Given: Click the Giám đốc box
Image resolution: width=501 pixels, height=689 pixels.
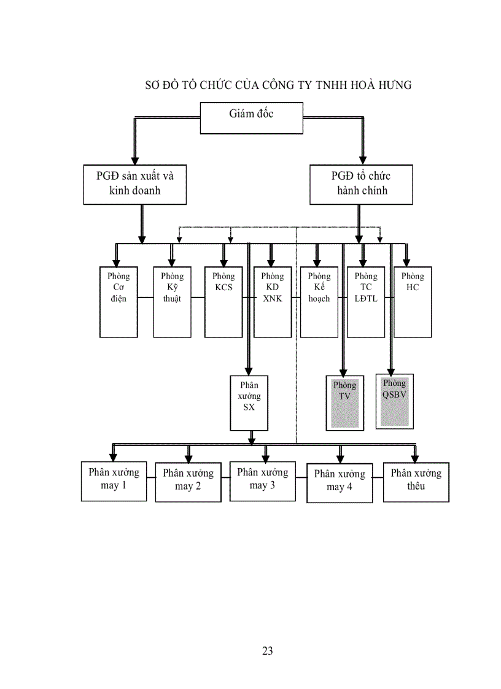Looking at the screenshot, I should coord(252,118).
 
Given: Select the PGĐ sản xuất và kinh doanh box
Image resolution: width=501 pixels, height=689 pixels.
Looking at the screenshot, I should coord(135,184).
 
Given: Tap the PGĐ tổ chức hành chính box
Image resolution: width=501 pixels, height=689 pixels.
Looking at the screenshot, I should coord(361,184).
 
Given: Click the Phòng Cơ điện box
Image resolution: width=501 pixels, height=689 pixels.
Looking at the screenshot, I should coord(118,302).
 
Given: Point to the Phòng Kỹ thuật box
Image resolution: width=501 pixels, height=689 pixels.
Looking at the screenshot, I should coord(172,302).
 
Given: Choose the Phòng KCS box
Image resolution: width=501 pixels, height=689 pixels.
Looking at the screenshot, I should coord(223,302).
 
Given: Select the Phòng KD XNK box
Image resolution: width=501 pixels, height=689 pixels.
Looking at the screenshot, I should coord(272,302).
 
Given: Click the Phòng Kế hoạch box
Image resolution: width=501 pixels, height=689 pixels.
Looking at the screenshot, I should coord(319,302).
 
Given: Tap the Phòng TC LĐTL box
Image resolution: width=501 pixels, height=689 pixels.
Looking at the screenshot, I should coord(366,302).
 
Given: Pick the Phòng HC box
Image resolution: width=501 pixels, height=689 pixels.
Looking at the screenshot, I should coord(413,302).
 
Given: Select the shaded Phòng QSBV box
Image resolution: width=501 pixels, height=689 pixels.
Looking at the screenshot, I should coord(394,401).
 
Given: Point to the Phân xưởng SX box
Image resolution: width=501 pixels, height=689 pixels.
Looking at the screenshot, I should coord(249,402).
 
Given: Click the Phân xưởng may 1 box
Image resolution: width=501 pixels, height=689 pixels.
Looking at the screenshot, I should coord(114,481).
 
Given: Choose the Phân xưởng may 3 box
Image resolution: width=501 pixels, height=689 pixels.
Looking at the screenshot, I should coord(262,481).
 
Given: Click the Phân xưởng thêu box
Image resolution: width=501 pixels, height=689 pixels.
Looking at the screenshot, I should coord(416,481).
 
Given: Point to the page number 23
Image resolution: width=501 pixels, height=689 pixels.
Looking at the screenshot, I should coord(267,651).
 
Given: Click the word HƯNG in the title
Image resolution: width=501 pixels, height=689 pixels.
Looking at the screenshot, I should coord(392,85).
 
